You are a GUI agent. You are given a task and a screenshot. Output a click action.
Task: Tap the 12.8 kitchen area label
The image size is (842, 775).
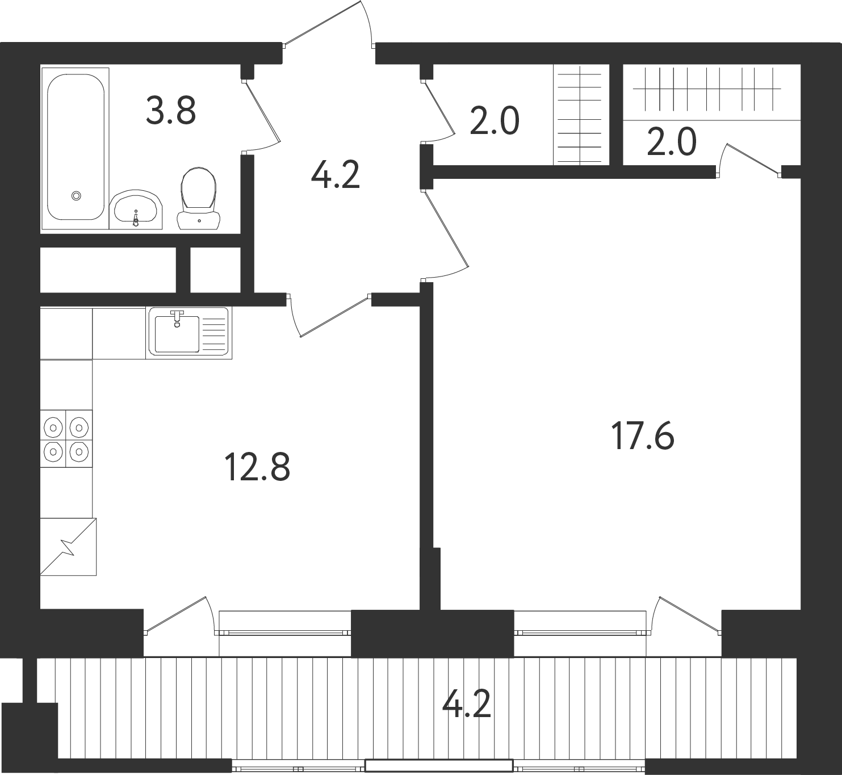[x=257, y=467]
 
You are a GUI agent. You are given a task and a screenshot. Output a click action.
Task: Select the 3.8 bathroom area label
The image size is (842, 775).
[x=171, y=110]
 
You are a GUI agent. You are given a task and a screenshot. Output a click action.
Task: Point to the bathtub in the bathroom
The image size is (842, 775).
[x=76, y=147]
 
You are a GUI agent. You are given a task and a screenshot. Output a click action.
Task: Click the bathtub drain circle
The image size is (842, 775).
[x=76, y=196]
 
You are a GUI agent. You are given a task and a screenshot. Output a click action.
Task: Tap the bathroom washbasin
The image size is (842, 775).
[x=136, y=210]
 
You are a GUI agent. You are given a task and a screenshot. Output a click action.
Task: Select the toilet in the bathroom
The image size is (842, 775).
[x=199, y=198]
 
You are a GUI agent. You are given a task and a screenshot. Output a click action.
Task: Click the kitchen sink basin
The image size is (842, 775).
[x=177, y=334]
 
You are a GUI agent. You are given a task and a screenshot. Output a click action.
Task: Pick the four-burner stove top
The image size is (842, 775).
[x=66, y=439]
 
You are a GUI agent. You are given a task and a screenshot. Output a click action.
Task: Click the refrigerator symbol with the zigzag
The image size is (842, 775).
[x=69, y=547]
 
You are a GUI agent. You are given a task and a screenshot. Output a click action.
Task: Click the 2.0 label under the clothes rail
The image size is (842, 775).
[x=672, y=142]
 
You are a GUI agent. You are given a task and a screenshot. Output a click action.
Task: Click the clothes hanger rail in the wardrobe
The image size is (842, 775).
[x=707, y=89]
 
